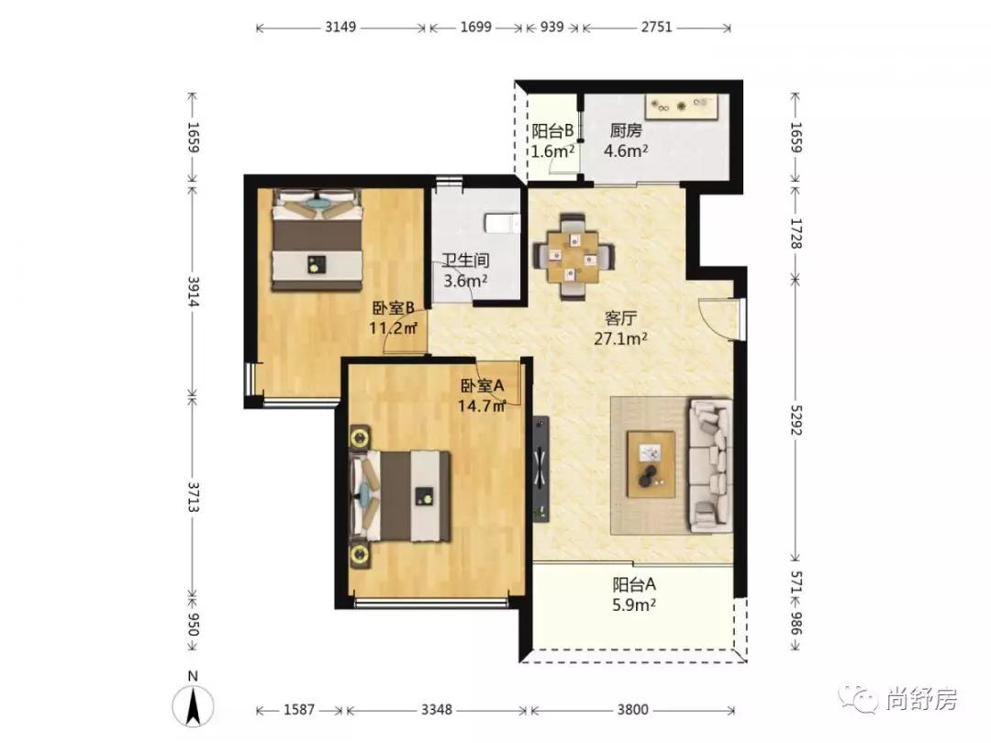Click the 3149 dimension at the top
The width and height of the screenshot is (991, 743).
click(x=340, y=28)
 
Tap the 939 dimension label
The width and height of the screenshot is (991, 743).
click(x=551, y=28)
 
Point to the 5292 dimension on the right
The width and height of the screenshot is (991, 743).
click(x=795, y=418)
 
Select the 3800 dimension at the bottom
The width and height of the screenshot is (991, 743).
click(x=632, y=709)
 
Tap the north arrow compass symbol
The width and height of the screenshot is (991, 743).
click(x=194, y=704)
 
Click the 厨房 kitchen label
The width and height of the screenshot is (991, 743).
click(x=626, y=131)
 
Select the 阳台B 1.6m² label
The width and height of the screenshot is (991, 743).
click(x=552, y=141)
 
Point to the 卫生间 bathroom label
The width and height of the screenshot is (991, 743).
click(x=465, y=261)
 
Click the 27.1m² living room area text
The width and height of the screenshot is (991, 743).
click(x=620, y=338)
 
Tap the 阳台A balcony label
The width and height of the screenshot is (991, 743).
click(x=634, y=584)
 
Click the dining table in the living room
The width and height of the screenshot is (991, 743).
click(x=573, y=255)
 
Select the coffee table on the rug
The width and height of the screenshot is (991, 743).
click(x=651, y=464)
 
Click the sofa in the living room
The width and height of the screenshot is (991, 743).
click(x=710, y=465)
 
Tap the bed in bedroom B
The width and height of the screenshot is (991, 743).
click(x=317, y=240)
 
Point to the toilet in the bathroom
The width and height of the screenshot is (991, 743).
click(x=503, y=223)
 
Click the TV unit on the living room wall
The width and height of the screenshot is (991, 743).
click(x=541, y=468)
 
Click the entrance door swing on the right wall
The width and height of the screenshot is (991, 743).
click(x=717, y=319)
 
